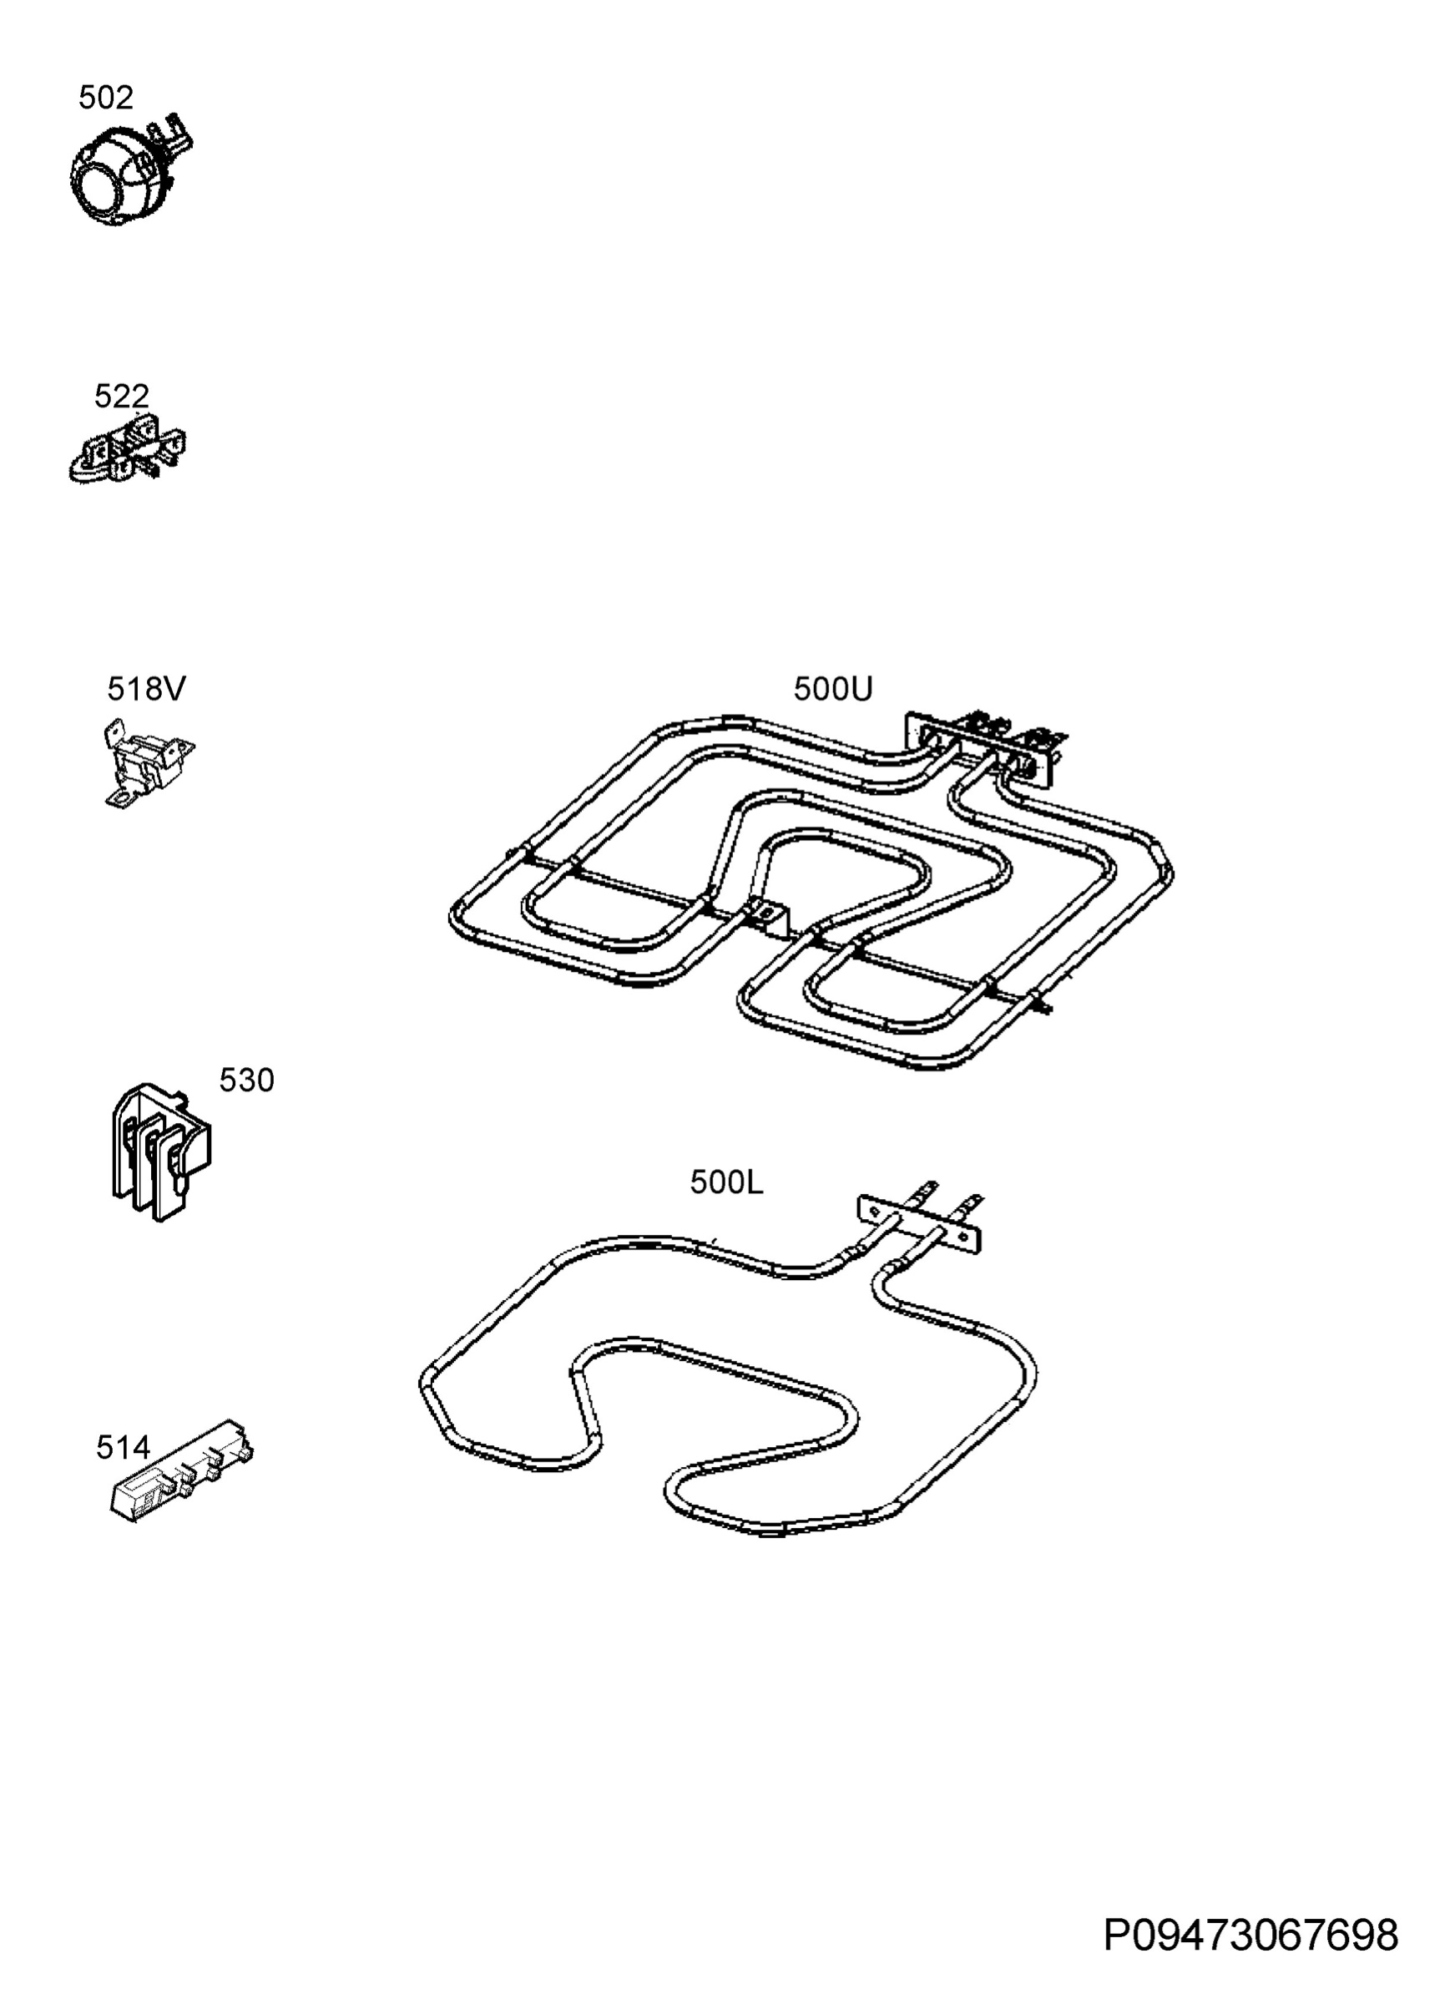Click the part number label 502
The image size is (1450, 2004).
[x=105, y=98]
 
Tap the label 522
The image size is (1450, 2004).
[x=121, y=396]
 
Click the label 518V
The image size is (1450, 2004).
[x=147, y=689]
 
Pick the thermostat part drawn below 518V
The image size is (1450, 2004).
[x=146, y=762]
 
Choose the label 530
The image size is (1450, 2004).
[x=246, y=1080]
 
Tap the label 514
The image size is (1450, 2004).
[x=123, y=1447]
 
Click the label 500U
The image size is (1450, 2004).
[x=832, y=689]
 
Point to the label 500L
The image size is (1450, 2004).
[x=726, y=1182]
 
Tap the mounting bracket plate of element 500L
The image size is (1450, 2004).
[x=919, y=1224]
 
